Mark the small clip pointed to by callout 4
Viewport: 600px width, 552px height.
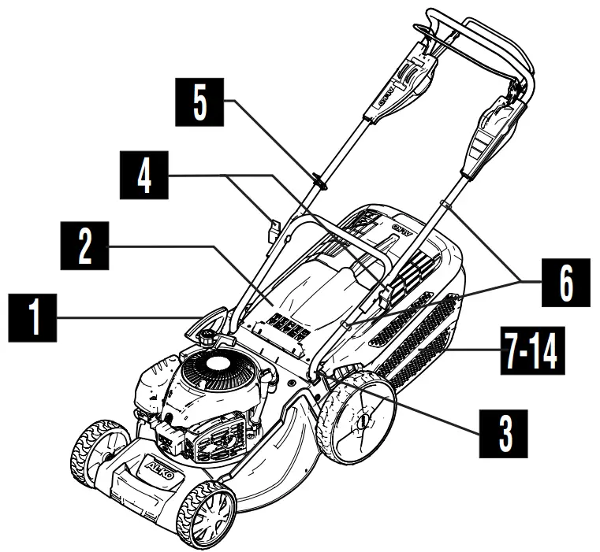273,229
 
